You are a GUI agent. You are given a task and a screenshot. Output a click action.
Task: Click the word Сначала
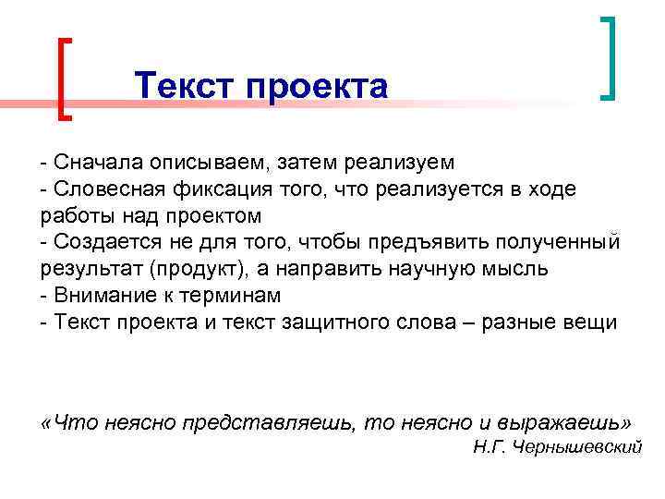[96, 163]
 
